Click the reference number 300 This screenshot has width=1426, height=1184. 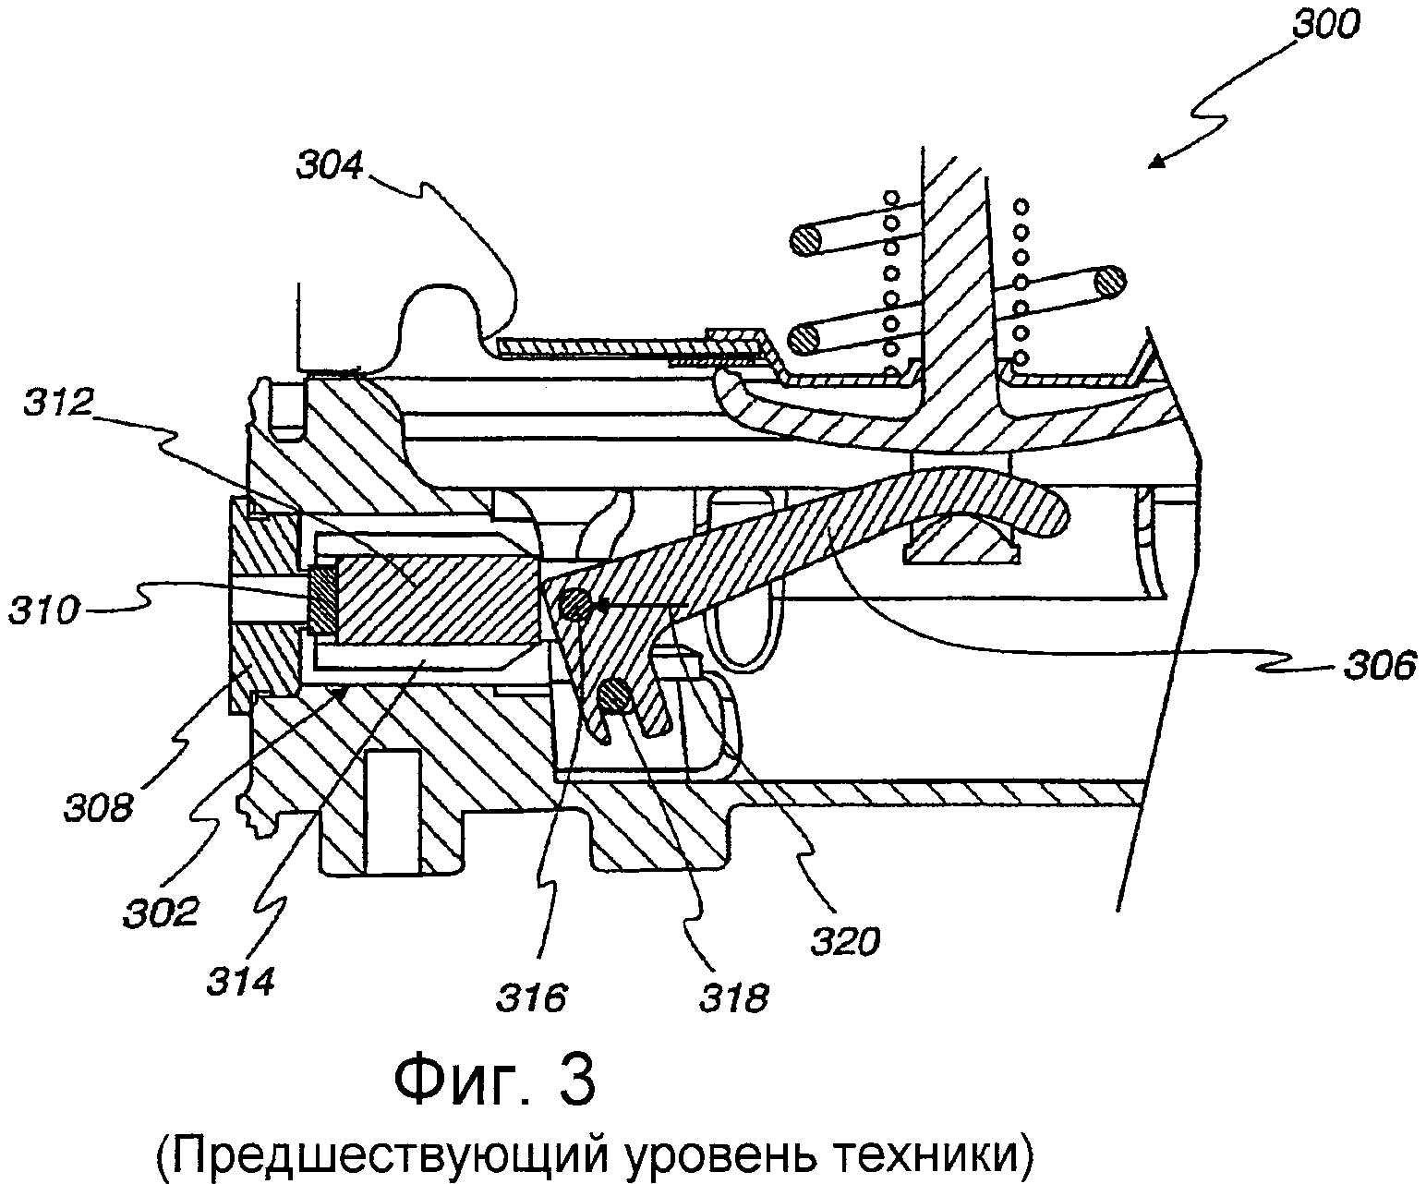(1326, 26)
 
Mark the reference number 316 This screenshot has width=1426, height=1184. (530, 997)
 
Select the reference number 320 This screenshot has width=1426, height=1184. (845, 941)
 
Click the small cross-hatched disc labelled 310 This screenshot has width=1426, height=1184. (322, 599)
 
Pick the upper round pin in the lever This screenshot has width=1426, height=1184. (575, 605)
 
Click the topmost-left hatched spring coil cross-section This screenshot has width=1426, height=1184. (804, 242)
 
